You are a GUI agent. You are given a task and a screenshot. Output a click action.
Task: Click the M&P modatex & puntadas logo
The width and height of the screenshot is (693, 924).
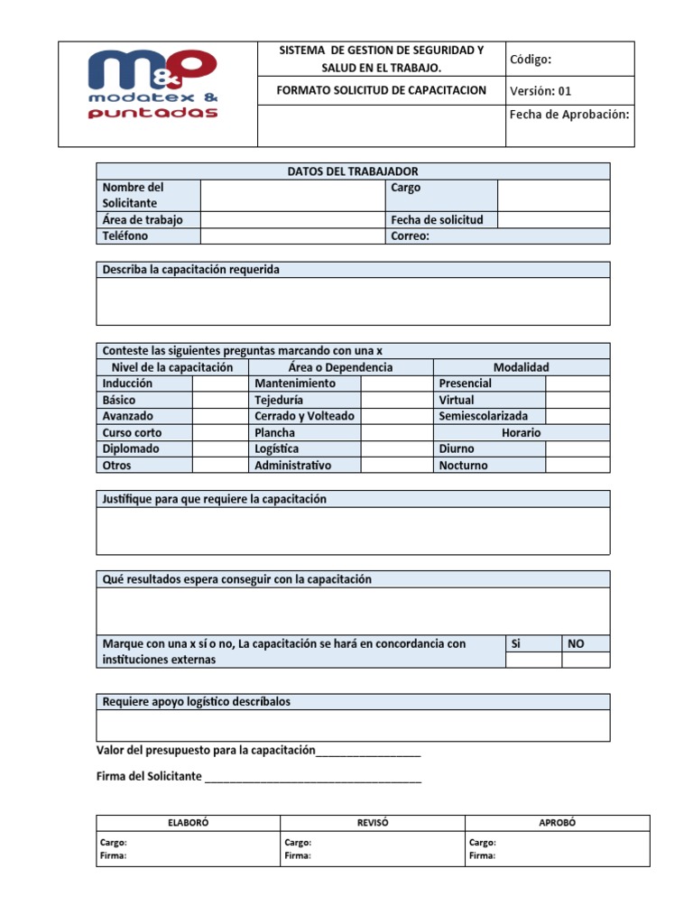tap(152, 85)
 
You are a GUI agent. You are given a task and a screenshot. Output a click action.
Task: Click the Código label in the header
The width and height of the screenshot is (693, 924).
tap(531, 60)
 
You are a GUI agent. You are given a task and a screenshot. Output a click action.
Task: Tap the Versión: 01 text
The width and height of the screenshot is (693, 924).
tap(541, 91)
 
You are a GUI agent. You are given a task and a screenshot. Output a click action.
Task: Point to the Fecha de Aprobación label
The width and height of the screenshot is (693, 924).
tap(568, 115)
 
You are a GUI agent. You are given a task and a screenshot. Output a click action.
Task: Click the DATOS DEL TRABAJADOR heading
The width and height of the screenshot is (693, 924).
tap(353, 171)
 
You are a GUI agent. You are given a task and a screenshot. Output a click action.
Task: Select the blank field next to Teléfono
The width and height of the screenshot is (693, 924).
tap(292, 236)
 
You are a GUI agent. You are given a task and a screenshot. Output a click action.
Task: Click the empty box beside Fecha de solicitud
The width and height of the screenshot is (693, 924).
tap(553, 220)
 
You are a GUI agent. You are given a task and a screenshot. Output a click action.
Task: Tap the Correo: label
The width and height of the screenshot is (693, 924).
tap(410, 236)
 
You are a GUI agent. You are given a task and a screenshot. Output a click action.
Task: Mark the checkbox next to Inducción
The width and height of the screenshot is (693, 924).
tap(219, 383)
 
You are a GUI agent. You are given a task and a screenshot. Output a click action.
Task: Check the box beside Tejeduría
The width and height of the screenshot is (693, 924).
tap(396, 400)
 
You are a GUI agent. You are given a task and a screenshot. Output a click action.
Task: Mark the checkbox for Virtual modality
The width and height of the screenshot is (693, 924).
tap(577, 400)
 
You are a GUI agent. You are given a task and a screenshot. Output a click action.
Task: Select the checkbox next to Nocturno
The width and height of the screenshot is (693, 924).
tap(577, 466)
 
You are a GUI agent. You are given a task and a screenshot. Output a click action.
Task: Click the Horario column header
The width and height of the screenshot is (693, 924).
tap(522, 433)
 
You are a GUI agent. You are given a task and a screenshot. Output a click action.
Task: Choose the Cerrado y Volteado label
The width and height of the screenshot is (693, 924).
tap(304, 416)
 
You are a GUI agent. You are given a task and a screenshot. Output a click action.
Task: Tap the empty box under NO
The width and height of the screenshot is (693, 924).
tap(586, 661)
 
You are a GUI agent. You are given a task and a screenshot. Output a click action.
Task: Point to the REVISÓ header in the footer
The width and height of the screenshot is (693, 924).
tap(373, 823)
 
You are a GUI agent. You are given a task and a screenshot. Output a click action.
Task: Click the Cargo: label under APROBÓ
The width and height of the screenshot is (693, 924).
tap(482, 843)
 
